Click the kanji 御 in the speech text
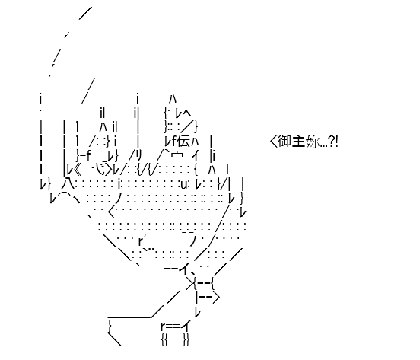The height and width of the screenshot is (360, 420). (285, 141)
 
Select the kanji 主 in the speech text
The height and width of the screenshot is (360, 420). (298, 141)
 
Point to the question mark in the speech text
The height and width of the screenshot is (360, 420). (331, 142)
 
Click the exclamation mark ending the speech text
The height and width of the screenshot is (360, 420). (336, 142)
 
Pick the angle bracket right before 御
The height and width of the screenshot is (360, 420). (273, 142)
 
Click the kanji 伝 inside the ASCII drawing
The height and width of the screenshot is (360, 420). (183, 141)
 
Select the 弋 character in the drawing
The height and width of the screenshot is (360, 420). (97, 169)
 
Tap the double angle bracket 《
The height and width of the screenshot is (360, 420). (77, 170)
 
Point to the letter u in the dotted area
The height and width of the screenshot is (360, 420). (183, 185)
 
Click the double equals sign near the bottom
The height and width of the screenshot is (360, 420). (173, 327)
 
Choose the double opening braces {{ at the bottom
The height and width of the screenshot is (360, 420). (165, 340)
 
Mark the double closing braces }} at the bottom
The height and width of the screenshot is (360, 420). (186, 340)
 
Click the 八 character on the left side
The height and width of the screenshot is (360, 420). (68, 183)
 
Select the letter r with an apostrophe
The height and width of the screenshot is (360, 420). (142, 241)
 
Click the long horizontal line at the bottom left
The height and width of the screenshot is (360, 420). (130, 317)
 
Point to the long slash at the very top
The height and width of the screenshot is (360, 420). (85, 13)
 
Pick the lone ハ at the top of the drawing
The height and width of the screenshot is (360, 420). (173, 100)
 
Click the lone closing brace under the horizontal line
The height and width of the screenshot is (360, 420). (110, 327)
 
